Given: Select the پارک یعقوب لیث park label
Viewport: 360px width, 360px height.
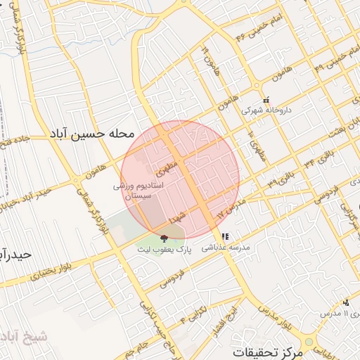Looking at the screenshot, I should [165, 250].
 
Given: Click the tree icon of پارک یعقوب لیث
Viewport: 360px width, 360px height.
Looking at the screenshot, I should [165, 238].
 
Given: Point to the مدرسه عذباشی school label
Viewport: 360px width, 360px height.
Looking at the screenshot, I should [226, 247].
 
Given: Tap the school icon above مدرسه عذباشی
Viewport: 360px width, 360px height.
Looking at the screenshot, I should [225, 237].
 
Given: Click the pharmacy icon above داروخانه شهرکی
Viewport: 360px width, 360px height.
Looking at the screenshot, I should [265, 100].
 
